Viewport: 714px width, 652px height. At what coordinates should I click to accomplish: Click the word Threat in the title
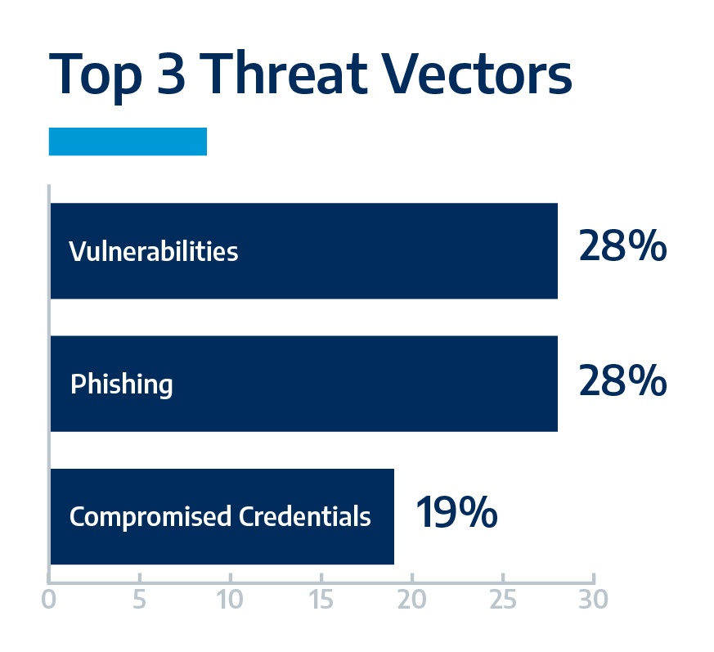284,74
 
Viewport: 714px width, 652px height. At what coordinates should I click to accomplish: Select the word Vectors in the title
477,74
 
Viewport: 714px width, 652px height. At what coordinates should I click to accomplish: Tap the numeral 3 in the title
171,74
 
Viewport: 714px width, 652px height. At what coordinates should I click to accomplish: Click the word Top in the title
95,77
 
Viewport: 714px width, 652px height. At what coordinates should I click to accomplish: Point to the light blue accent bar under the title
128,142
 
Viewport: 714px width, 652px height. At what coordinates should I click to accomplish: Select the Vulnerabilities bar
304,251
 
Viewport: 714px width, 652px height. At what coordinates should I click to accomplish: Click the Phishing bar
304,384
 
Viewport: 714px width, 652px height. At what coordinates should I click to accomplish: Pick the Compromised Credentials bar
222,517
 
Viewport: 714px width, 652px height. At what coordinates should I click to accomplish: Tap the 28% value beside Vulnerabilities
622,245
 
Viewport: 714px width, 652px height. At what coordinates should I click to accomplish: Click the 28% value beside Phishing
622,380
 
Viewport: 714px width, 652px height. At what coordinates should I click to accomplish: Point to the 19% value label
456,512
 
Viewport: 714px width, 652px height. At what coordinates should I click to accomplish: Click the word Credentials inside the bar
304,516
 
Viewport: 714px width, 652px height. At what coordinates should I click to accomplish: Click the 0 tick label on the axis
49,599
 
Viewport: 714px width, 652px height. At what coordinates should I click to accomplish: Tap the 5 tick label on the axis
139,599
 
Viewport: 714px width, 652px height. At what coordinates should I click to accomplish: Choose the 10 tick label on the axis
230,599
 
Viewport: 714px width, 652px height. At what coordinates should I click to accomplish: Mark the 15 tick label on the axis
321,599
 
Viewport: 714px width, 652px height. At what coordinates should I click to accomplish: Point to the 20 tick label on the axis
411,599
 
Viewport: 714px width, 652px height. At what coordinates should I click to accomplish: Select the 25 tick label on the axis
503,599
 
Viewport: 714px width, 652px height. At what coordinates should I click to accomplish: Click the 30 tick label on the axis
593,599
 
